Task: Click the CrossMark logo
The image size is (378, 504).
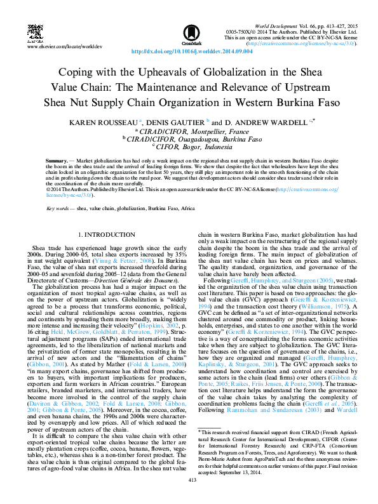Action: pyautogui.click(x=191, y=33)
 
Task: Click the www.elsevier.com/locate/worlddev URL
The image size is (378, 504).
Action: pyautogui.click(x=64, y=47)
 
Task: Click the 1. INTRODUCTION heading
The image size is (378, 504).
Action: pyautogui.click(x=105, y=235)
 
